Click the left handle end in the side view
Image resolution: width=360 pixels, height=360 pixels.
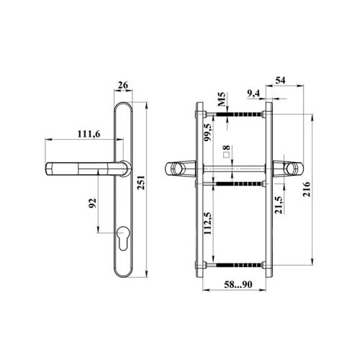coord(174,168)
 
